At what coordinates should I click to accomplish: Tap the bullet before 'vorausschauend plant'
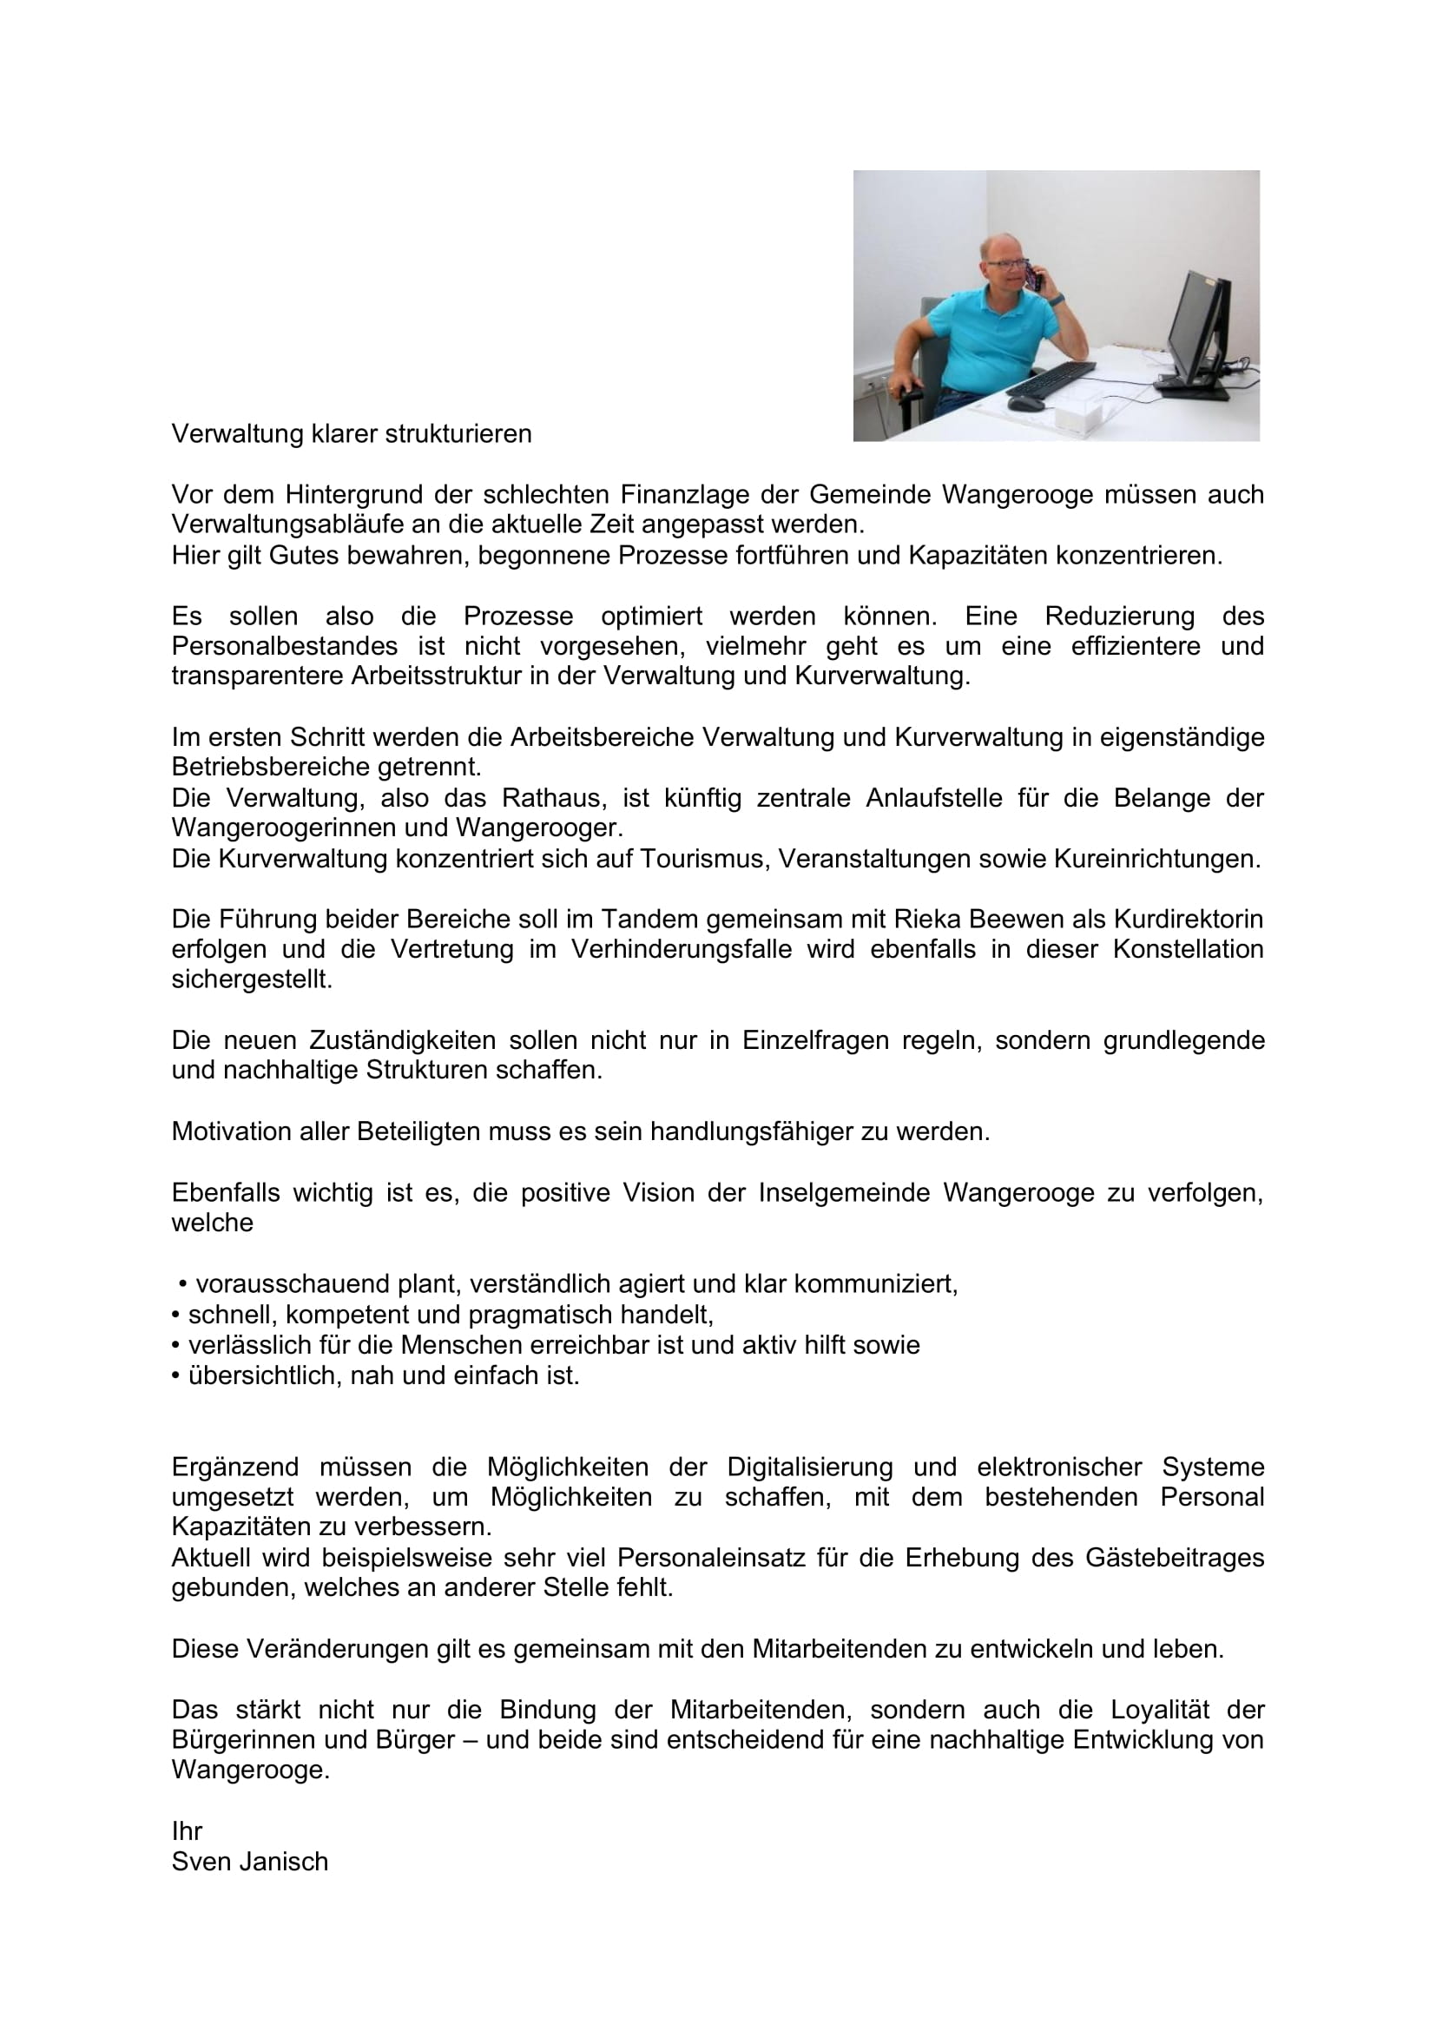coord(183,1284)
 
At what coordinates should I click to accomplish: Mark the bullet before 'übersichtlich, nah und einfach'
coord(176,1376)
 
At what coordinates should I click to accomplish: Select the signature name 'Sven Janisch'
coord(249,1862)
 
